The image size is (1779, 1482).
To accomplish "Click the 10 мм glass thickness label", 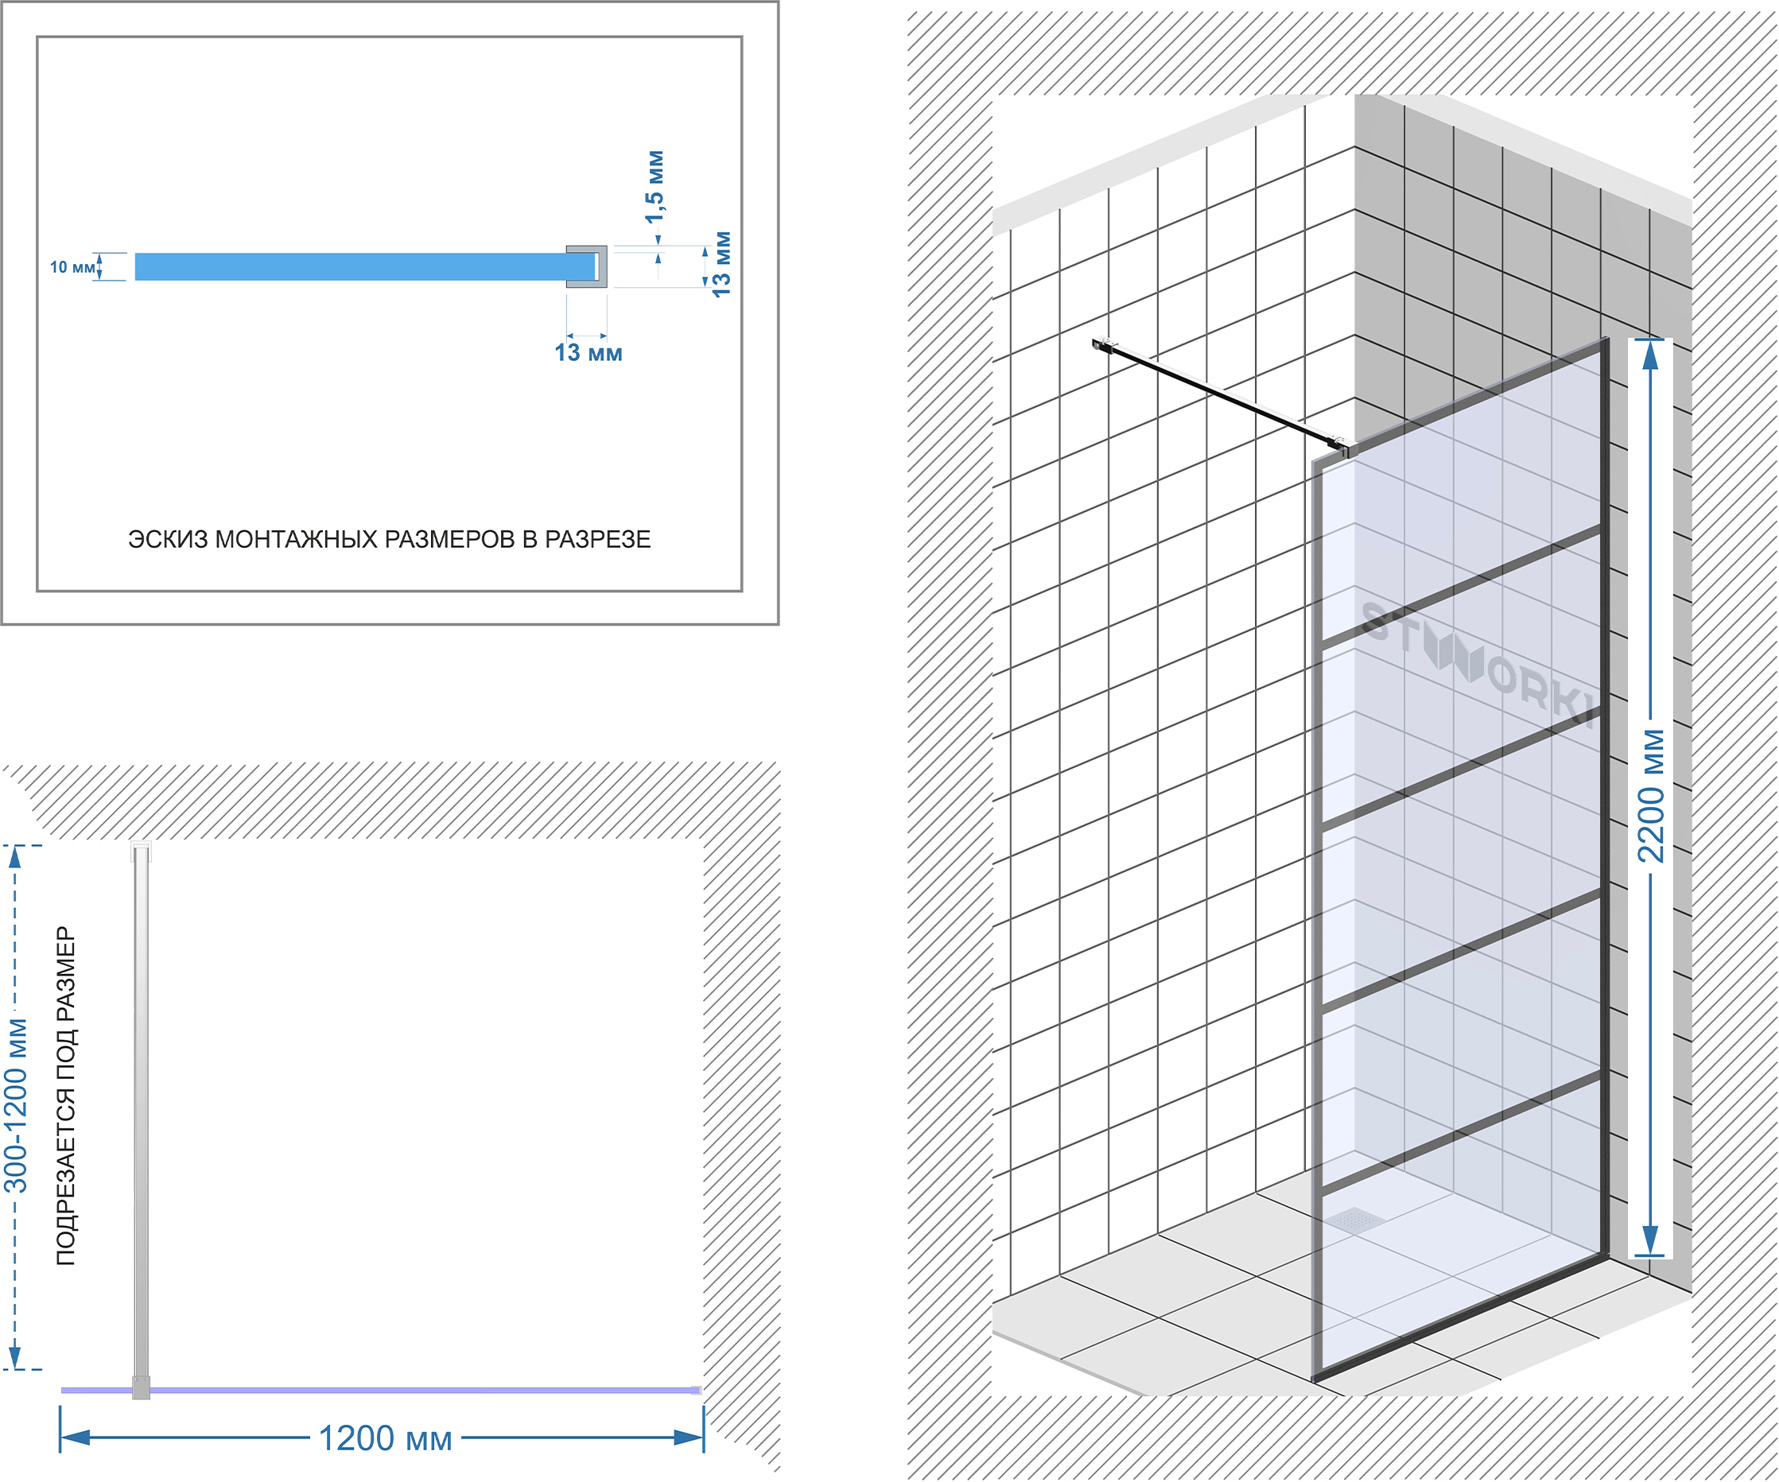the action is pos(72,268).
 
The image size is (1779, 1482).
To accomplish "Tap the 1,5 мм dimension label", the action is pos(655,187).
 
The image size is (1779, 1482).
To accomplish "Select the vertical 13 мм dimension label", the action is pos(721,263).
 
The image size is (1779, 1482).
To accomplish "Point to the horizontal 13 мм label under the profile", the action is pos(588,352).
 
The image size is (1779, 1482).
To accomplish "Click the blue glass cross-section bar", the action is pos(364,267).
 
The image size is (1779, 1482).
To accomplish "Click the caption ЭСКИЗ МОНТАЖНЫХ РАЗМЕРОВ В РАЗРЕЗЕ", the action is pos(390,539).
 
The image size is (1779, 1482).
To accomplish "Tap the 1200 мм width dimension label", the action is pos(386,1438).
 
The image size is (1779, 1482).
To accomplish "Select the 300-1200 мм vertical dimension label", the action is pos(16,1105).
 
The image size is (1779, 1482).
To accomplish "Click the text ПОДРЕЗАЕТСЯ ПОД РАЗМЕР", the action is pos(66,1096).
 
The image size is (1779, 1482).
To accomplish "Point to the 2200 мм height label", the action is pos(1651,797).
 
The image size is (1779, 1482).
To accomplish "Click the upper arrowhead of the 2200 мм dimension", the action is pos(1650,355).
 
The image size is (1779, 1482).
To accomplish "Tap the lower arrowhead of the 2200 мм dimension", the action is pos(1650,1239).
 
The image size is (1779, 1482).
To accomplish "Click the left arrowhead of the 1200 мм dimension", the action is pos(76,1437).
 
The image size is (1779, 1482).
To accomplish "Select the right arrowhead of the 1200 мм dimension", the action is pos(688,1437).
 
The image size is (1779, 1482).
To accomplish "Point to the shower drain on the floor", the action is pos(1355,1220).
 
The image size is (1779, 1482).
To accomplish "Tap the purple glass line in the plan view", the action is pos(381,1390).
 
